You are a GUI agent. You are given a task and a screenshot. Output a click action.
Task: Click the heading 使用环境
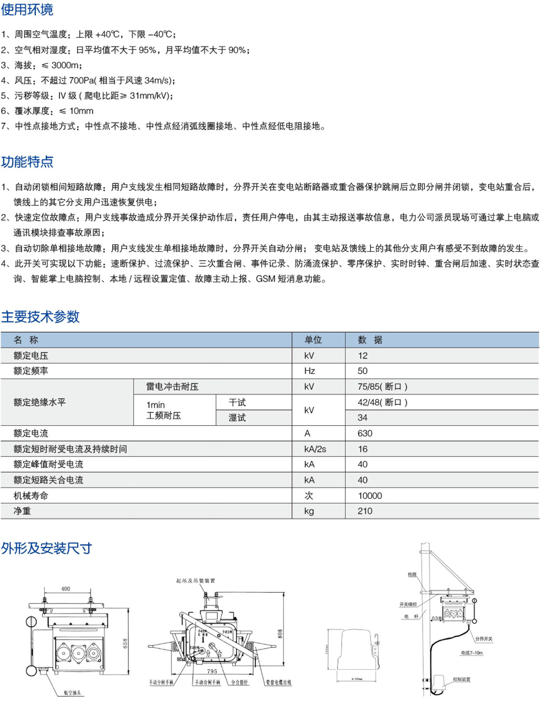tap(27, 10)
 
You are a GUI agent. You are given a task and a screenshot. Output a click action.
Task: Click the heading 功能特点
tap(27, 162)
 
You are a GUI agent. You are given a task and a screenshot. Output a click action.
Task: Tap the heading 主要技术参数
tap(40, 316)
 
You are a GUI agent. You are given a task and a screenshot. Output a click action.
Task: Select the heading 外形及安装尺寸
tap(46, 548)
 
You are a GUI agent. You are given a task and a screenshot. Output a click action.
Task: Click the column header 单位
tap(313, 340)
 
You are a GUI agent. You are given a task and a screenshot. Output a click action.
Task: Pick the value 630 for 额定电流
tap(364, 434)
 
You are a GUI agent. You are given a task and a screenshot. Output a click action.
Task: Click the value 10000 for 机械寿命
tap(370, 496)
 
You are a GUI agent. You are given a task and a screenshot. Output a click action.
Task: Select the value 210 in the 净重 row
tap(364, 511)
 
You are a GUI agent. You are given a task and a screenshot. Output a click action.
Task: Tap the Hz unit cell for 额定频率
tap(309, 371)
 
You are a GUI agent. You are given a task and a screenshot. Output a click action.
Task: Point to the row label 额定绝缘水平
tap(40, 402)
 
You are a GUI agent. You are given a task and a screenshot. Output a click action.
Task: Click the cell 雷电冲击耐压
tap(172, 387)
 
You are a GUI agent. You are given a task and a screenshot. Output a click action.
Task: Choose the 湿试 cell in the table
tap(237, 418)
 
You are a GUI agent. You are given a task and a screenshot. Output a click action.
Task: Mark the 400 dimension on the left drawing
tap(66, 589)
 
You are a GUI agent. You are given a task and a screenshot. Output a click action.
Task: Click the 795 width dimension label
tap(212, 671)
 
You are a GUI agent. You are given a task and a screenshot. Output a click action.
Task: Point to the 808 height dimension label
tap(280, 634)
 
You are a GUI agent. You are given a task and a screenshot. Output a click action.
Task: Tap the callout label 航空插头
tap(73, 693)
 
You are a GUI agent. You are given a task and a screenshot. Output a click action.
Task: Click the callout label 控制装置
tap(461, 679)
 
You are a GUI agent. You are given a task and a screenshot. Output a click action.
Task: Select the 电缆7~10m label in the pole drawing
tap(472, 653)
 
